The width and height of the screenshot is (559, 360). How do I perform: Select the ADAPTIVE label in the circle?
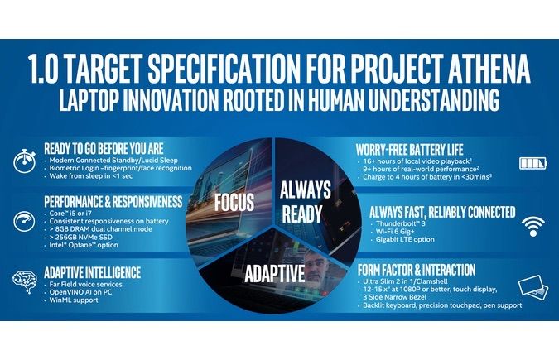click(277, 271)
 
